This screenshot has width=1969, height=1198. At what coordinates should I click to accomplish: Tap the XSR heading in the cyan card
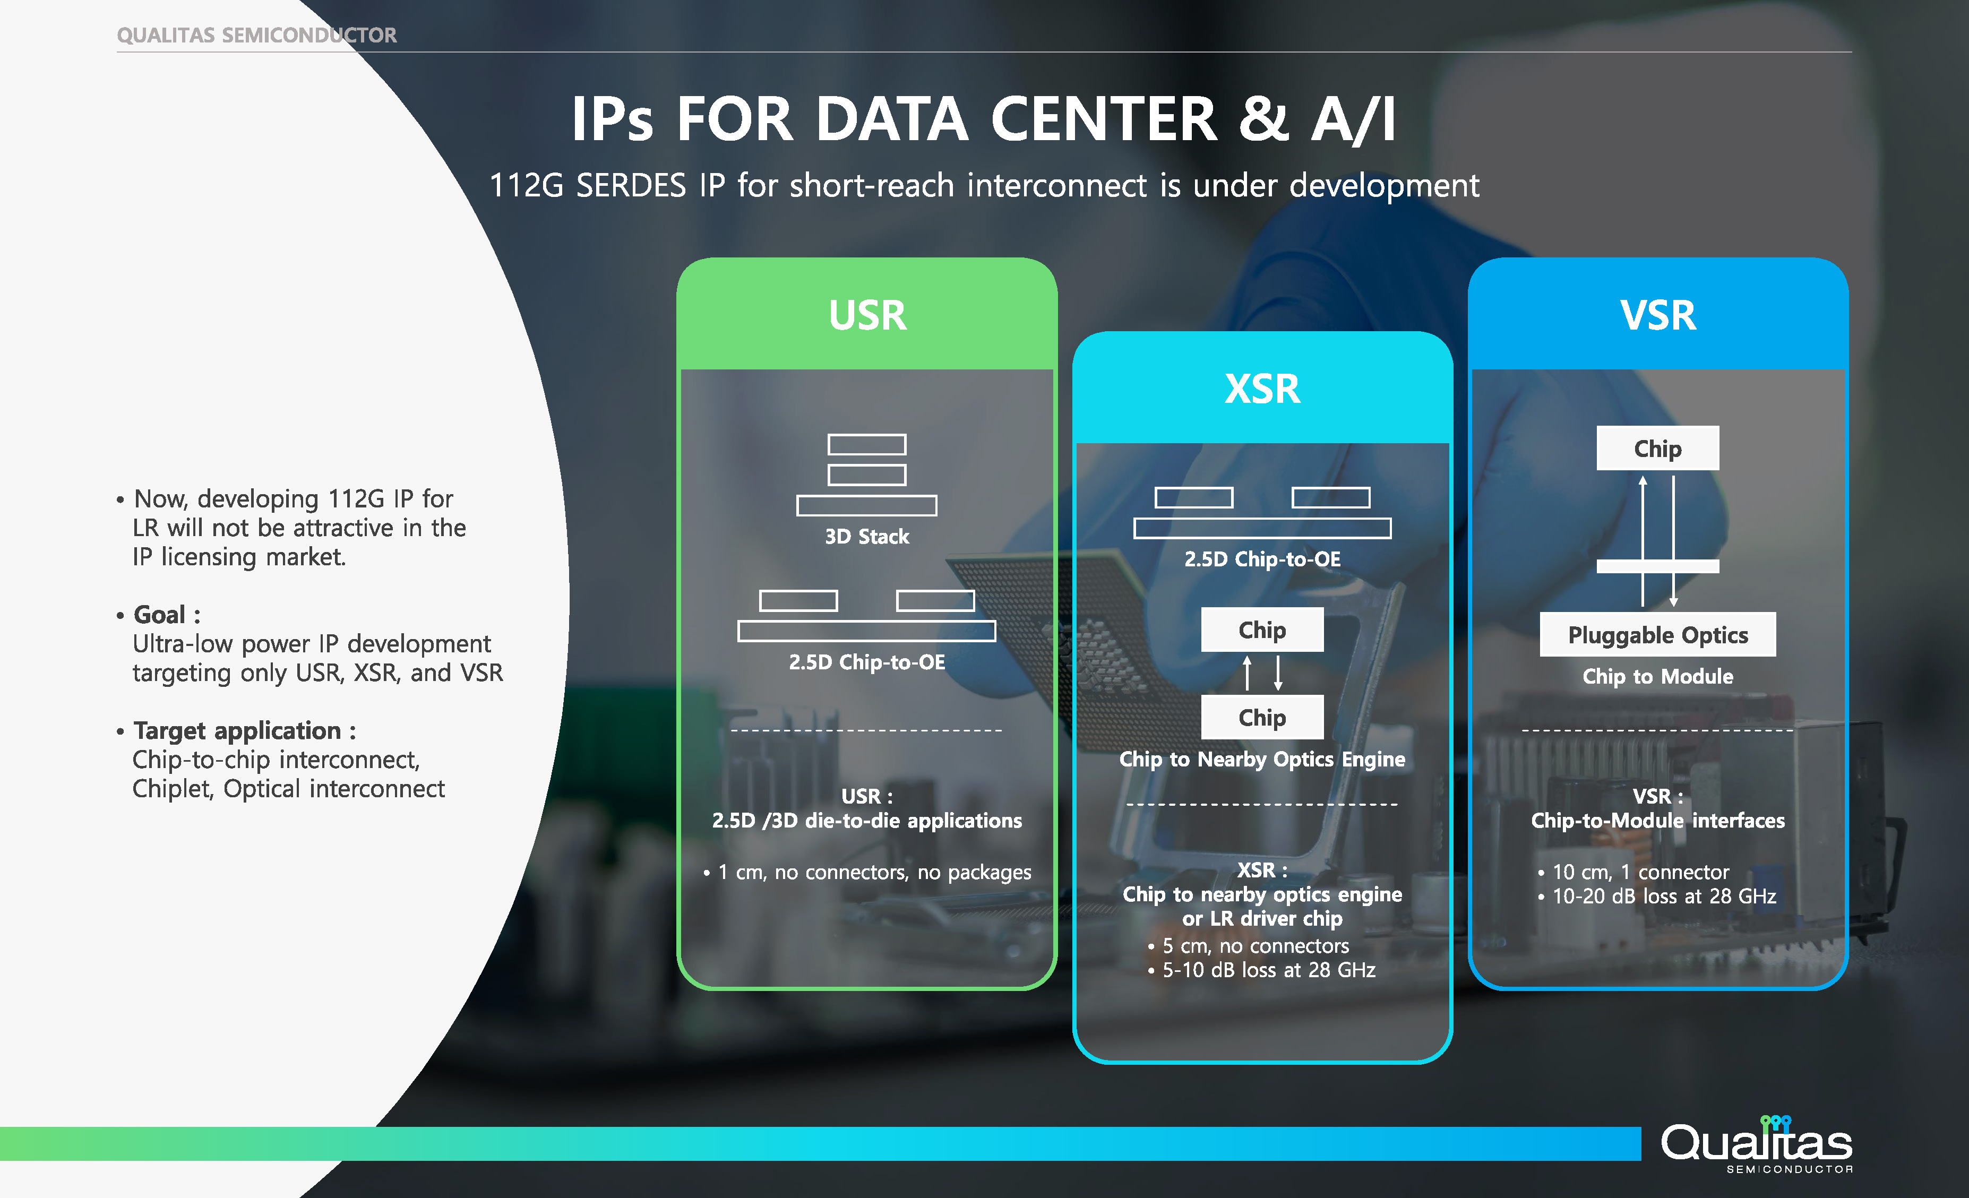pyautogui.click(x=1262, y=389)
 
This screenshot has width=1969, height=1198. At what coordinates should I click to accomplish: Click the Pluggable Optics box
pyautogui.click(x=1657, y=635)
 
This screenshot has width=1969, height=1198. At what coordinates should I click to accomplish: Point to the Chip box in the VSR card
pyautogui.click(x=1657, y=449)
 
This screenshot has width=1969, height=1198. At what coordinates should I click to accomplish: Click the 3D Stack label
pyautogui.click(x=867, y=536)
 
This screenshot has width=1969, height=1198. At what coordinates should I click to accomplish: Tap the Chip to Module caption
pyautogui.click(x=1657, y=677)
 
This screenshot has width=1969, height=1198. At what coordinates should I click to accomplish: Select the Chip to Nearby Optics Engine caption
pyautogui.click(x=1262, y=759)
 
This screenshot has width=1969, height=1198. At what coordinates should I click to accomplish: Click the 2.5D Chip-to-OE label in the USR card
pyautogui.click(x=867, y=662)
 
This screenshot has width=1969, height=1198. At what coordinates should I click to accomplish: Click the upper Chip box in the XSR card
pyautogui.click(x=1262, y=630)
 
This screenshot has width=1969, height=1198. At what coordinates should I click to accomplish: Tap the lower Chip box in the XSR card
pyautogui.click(x=1262, y=718)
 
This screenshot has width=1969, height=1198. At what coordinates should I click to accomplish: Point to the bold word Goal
pyautogui.click(x=160, y=615)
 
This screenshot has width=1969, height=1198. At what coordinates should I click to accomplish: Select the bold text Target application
pyautogui.click(x=237, y=730)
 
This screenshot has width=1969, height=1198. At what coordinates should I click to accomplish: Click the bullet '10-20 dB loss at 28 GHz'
pyautogui.click(x=1664, y=897)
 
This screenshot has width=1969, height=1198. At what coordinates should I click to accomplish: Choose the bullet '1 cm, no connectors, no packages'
pyautogui.click(x=874, y=872)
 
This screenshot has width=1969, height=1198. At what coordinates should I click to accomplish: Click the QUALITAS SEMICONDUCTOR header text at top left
pyautogui.click(x=256, y=35)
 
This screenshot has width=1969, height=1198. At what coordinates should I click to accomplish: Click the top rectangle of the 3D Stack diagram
pyautogui.click(x=867, y=444)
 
